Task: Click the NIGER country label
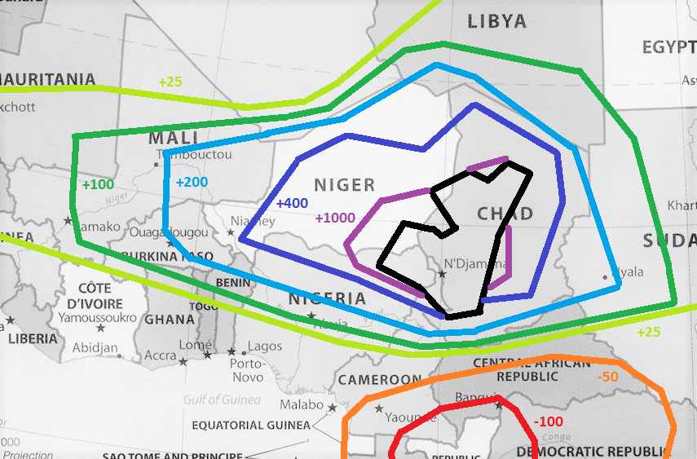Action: (345, 185)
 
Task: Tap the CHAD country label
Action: (505, 214)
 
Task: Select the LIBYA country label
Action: (496, 22)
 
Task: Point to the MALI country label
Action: (174, 138)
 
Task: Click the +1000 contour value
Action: (334, 218)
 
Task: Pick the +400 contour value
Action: (291, 203)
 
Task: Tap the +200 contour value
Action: (192, 182)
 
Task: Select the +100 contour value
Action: (98, 184)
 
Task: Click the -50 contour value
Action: (607, 377)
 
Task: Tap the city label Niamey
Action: (248, 221)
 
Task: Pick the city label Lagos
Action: (265, 346)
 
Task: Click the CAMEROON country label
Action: (380, 380)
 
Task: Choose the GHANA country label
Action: (170, 319)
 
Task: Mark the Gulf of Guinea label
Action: (222, 399)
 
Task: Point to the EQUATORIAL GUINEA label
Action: (251, 426)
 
